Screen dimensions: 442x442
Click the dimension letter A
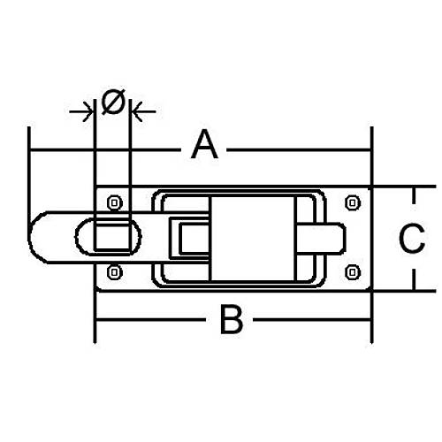coord(204,145)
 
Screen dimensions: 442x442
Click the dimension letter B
coord(232,320)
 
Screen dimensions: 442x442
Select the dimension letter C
coord(412,238)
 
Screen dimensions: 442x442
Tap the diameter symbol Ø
coord(112,102)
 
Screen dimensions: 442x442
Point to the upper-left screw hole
coord(114,202)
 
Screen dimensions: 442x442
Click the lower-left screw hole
coord(114,272)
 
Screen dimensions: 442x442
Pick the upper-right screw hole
coord(353,202)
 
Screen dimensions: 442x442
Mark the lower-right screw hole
coord(353,272)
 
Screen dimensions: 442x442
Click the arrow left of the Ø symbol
coord(80,111)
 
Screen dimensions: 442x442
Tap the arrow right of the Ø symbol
coord(144,111)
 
